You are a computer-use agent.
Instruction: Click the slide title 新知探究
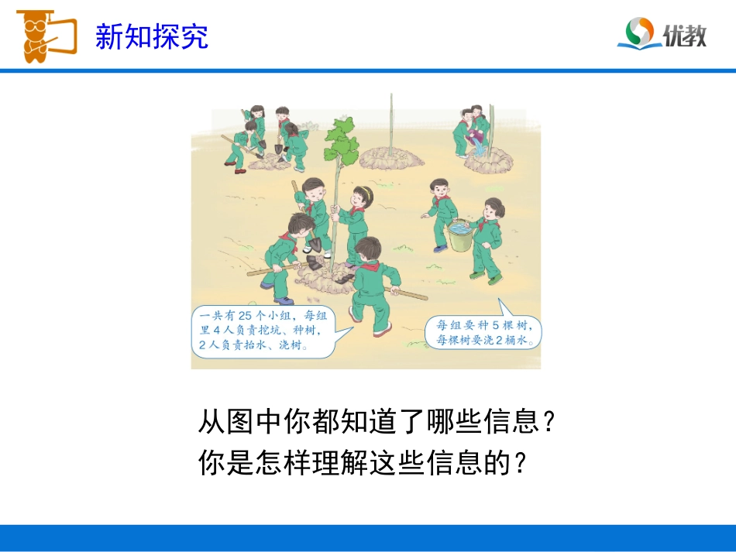tap(152, 36)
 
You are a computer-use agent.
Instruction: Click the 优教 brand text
tap(685, 34)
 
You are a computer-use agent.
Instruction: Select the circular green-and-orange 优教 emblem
tap(641, 33)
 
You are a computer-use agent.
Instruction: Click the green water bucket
tap(459, 235)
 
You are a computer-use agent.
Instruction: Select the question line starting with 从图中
tap(377, 423)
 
